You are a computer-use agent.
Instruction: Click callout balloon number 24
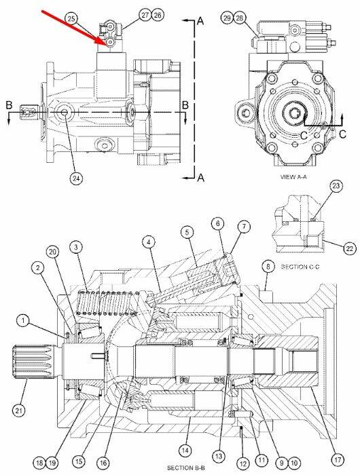(76, 178)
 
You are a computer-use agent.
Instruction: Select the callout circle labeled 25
(71, 18)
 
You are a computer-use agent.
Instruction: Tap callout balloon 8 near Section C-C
(268, 267)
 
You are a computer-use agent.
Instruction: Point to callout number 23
(336, 186)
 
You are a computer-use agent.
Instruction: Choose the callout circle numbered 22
(349, 248)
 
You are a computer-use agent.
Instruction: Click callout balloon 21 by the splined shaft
(19, 410)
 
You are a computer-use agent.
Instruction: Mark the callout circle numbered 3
(76, 247)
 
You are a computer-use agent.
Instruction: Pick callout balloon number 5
(187, 232)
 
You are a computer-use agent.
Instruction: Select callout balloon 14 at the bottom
(185, 450)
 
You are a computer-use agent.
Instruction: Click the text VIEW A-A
(293, 176)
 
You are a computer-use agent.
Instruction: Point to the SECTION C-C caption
(300, 267)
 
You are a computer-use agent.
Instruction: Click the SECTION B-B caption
(186, 468)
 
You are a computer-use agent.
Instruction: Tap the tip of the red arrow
(106, 45)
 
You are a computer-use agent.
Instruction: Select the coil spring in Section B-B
(108, 303)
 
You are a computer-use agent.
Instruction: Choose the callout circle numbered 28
(240, 18)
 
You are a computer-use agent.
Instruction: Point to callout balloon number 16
(103, 463)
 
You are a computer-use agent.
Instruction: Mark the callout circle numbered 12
(243, 463)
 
